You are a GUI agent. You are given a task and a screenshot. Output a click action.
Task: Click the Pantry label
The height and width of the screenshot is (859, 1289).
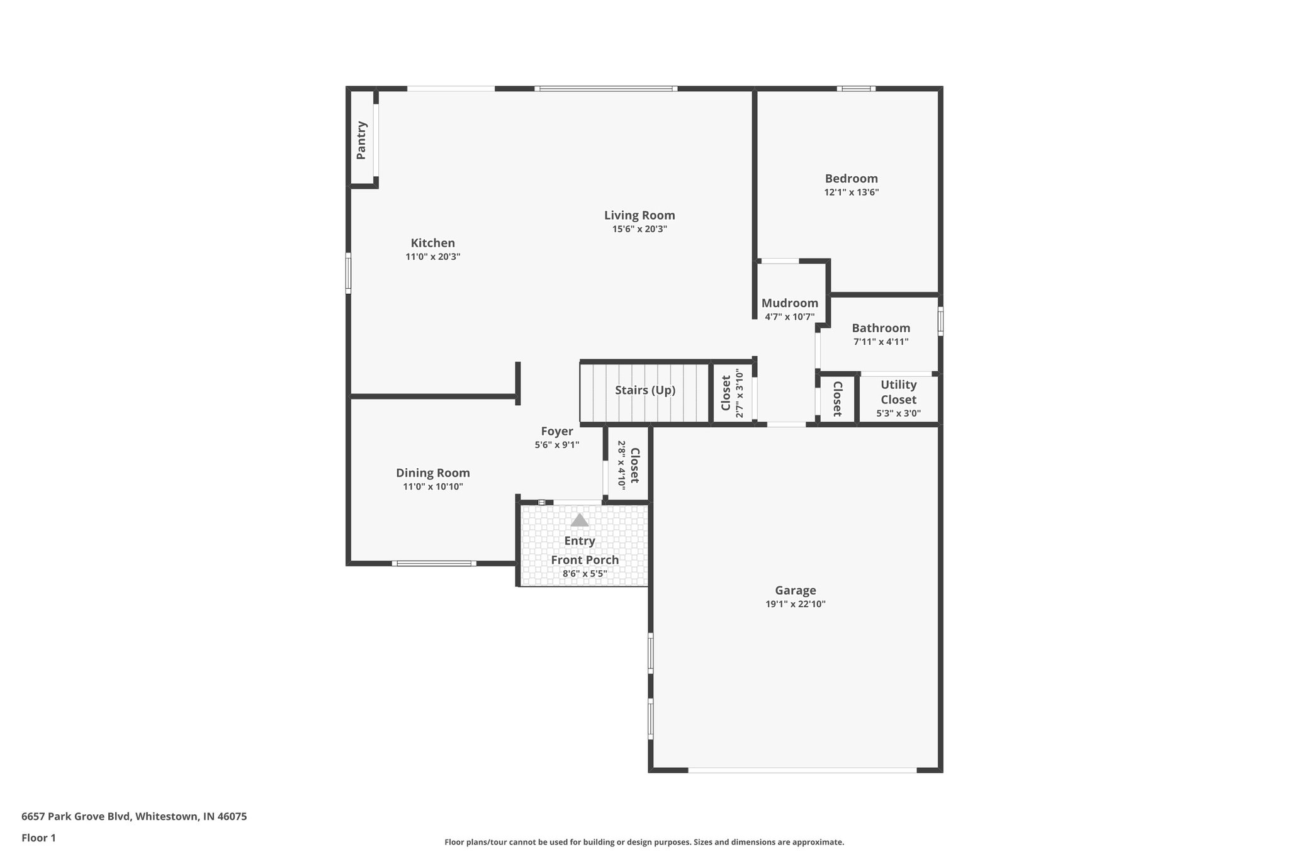click(x=361, y=140)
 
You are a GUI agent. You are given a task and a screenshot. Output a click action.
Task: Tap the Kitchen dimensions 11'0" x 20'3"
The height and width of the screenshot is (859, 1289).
click(x=433, y=257)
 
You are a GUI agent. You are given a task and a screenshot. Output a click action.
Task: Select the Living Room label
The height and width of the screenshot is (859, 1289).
click(x=639, y=215)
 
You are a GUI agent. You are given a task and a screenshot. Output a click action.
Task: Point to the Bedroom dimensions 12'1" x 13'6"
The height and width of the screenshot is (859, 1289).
click(x=851, y=193)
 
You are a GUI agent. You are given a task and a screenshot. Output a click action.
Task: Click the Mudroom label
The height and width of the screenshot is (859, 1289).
click(x=789, y=303)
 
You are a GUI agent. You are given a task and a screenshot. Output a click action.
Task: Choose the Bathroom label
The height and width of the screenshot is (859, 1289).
click(x=881, y=328)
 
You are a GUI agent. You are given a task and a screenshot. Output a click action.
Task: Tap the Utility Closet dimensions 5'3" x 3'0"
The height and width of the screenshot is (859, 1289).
click(x=898, y=413)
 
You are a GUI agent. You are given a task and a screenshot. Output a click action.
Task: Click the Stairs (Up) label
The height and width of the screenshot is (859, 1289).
click(x=644, y=390)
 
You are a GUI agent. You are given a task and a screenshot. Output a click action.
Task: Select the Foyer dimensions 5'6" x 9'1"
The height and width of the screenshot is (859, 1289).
click(x=556, y=445)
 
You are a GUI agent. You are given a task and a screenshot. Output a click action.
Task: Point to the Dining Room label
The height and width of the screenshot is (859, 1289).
click(x=432, y=473)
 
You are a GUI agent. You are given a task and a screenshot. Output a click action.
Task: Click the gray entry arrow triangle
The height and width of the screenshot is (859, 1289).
click(x=579, y=520)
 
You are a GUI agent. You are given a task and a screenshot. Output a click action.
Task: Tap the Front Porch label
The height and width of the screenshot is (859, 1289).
click(x=585, y=560)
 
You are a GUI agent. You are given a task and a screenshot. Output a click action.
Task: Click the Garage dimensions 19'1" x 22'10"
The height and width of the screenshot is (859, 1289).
click(x=795, y=604)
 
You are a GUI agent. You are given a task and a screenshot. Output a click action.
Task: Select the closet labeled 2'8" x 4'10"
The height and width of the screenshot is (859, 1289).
click(x=628, y=466)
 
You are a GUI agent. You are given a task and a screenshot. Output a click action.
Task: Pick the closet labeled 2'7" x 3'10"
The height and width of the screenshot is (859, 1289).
click(x=733, y=393)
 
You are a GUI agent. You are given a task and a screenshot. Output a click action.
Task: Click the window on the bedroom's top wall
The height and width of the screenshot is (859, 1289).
click(x=855, y=89)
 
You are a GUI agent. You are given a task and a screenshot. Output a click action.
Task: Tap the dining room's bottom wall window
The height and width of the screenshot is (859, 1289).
click(x=434, y=563)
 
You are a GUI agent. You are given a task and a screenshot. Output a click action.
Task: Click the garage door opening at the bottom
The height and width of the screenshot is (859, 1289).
click(x=802, y=770)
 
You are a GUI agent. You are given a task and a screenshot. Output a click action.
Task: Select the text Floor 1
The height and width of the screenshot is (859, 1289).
click(x=38, y=838)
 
